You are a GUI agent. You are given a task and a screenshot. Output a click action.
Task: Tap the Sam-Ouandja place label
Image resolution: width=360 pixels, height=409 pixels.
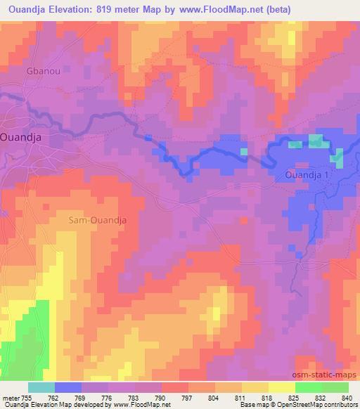tap(98, 220)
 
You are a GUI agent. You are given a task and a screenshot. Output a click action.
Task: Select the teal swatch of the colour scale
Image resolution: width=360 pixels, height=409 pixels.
tap(41, 387)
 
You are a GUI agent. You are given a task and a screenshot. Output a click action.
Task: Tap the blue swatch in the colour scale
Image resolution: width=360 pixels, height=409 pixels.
tap(68, 387)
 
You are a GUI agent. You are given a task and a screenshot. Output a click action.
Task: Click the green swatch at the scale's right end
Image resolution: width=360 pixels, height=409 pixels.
tap(335, 387)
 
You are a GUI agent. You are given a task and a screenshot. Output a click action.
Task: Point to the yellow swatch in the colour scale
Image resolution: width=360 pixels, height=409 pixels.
tap(281, 387)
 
